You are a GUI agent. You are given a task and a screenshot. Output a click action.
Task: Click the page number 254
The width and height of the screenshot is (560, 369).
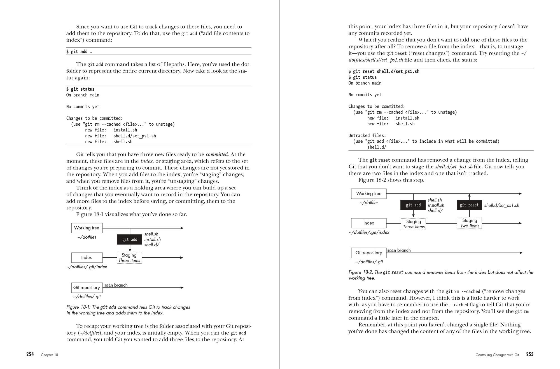[x=30, y=354]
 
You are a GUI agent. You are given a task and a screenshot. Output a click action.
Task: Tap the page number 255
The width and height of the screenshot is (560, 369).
[x=529, y=354]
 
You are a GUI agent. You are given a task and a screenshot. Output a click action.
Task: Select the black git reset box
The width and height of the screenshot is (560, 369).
[x=469, y=205]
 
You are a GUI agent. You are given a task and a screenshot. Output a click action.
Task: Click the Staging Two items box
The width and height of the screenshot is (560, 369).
[x=469, y=223]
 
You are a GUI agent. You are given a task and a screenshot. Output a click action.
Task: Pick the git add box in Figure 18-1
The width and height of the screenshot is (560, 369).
[x=130, y=239]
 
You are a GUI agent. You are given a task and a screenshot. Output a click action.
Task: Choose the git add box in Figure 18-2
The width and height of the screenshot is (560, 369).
[x=413, y=205]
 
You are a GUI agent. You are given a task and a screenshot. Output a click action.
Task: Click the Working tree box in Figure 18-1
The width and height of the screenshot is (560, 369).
[x=87, y=228]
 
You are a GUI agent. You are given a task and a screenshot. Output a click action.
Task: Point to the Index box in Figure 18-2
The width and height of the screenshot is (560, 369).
[x=368, y=223]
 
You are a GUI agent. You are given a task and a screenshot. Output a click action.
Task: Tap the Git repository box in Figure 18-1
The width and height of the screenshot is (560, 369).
[x=87, y=288]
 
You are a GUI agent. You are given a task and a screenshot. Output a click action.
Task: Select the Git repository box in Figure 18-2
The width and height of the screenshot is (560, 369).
[x=368, y=253]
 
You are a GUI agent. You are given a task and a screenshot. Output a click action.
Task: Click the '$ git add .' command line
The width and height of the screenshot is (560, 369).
[x=79, y=51]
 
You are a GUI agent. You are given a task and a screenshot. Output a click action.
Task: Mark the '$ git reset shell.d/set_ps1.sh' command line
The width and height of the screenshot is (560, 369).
[x=384, y=71]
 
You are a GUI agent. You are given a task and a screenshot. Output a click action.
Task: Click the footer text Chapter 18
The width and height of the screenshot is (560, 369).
[x=49, y=355]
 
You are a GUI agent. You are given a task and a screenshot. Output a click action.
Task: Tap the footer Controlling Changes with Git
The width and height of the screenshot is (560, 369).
[x=497, y=355]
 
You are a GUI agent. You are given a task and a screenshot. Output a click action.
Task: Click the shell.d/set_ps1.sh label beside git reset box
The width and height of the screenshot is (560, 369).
[x=501, y=205]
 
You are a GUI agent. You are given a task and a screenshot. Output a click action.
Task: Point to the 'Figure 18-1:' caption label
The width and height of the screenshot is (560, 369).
[x=79, y=307]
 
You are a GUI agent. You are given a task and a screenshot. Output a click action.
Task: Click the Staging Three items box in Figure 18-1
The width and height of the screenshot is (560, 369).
[x=129, y=258]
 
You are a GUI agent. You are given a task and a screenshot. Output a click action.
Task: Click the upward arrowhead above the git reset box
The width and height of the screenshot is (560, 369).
[x=469, y=195]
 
